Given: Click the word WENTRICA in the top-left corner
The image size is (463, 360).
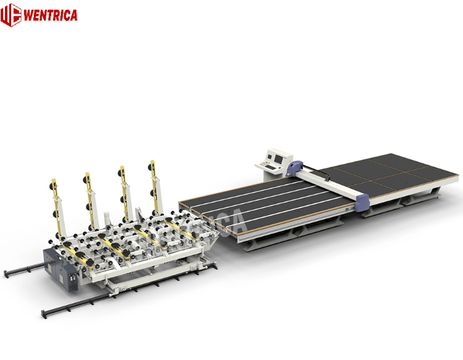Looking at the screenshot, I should click(50, 15).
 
